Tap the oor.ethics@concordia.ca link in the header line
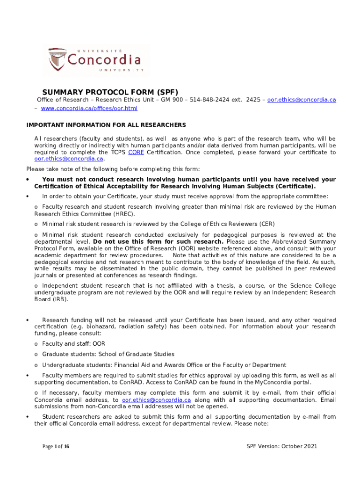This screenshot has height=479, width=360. (x=302, y=100)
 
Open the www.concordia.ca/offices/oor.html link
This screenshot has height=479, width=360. (x=89, y=109)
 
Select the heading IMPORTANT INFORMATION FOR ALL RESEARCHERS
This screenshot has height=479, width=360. (x=106, y=125)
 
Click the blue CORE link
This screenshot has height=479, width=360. (x=136, y=152)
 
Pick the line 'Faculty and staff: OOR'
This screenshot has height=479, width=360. (x=74, y=343)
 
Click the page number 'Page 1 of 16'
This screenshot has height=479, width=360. (x=56, y=446)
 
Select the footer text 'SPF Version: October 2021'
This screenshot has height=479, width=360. (x=282, y=446)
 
